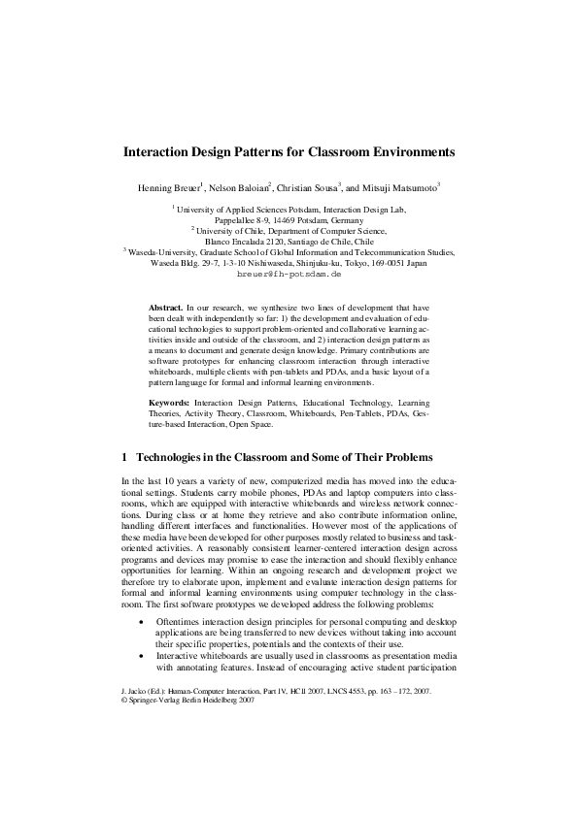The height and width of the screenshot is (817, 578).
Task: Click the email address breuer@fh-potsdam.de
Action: pyautogui.click(x=289, y=275)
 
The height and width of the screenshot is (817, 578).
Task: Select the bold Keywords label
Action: pyautogui.click(x=169, y=401)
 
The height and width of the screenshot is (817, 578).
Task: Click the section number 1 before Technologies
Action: pyautogui.click(x=124, y=457)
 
